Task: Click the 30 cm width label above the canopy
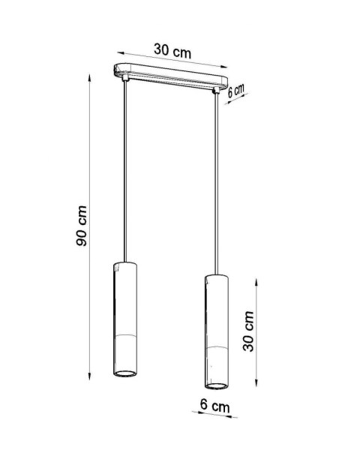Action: click(172, 51)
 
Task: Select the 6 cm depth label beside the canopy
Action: click(237, 90)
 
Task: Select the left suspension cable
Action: click(123, 172)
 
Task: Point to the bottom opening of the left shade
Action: click(124, 372)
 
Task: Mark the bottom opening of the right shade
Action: click(217, 385)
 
